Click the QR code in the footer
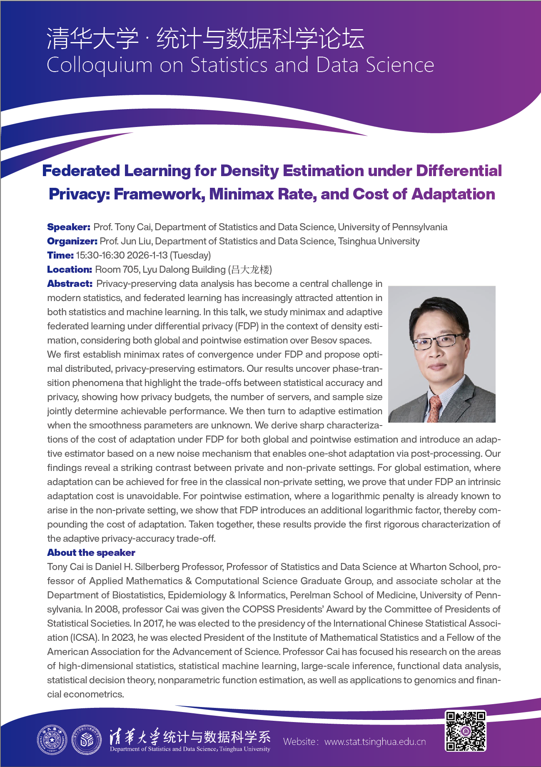tap(466, 731)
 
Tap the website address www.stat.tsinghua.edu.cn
tap(375, 742)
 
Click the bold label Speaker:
tap(68, 227)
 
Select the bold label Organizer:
tap(72, 241)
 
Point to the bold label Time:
tap(60, 255)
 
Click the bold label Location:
tap(69, 269)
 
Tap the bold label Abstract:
tap(70, 284)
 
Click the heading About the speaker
tap(91, 553)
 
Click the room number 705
tap(131, 269)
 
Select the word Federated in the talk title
tap(81, 171)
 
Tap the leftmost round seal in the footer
tap(52, 740)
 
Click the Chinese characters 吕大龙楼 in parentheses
tap(250, 270)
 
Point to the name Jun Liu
tap(137, 241)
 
